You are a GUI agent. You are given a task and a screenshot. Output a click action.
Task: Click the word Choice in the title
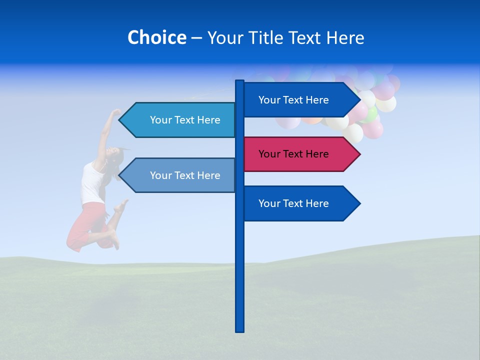click(156, 37)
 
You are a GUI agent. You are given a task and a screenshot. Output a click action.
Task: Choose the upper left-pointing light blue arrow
click(180, 120)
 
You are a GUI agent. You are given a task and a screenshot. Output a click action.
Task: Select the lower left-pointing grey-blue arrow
click(180, 175)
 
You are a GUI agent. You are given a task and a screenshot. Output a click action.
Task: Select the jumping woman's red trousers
click(87, 225)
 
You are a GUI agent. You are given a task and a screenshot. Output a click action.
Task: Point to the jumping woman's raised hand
click(116, 112)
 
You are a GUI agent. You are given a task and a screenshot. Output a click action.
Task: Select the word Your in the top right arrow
click(269, 100)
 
